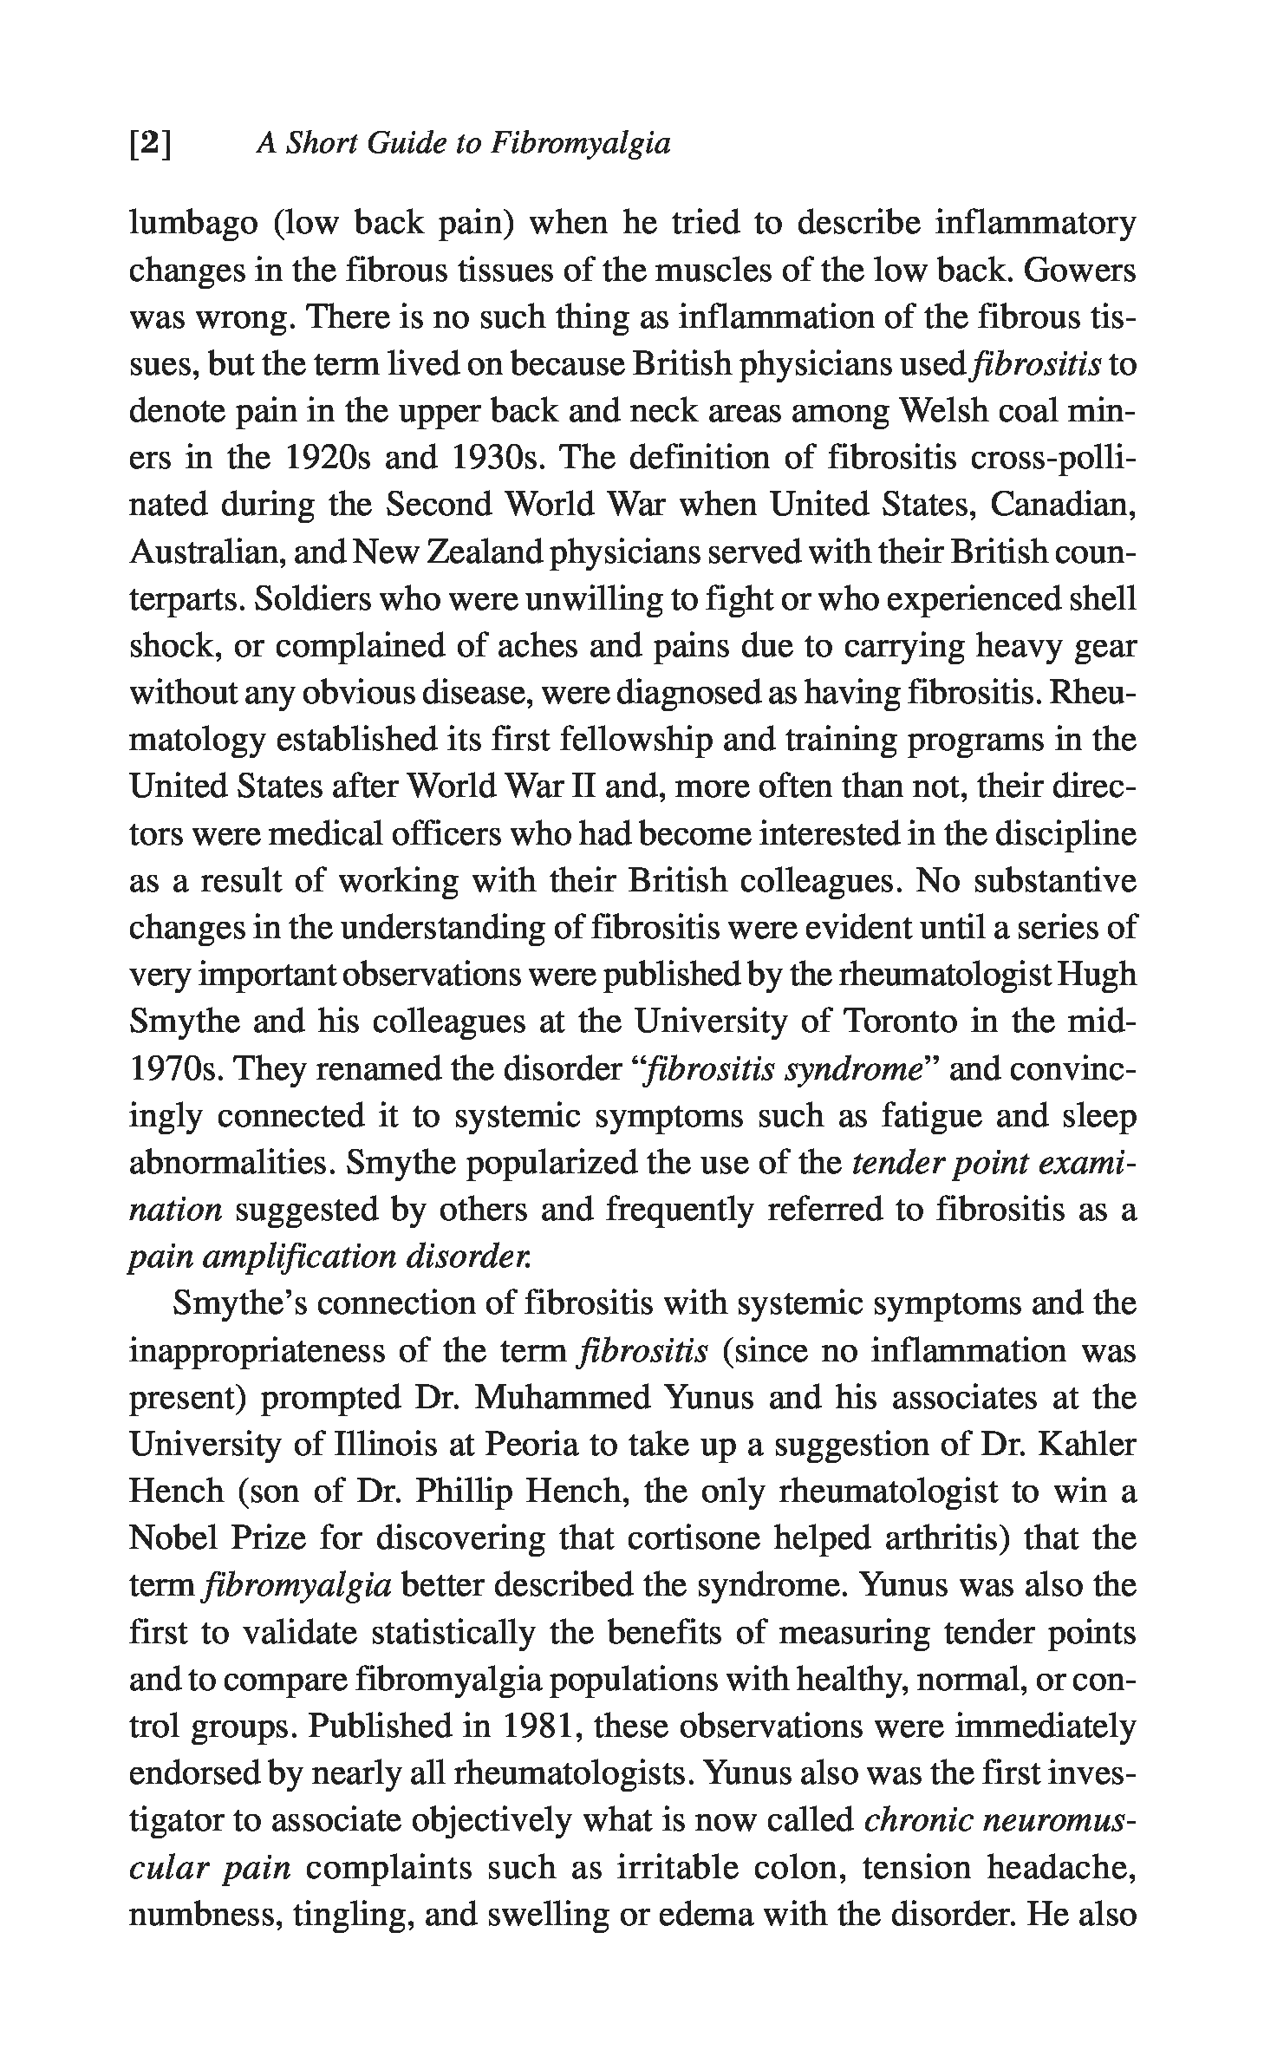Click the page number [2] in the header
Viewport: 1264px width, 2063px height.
coord(150,143)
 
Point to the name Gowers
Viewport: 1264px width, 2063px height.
coord(1079,271)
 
